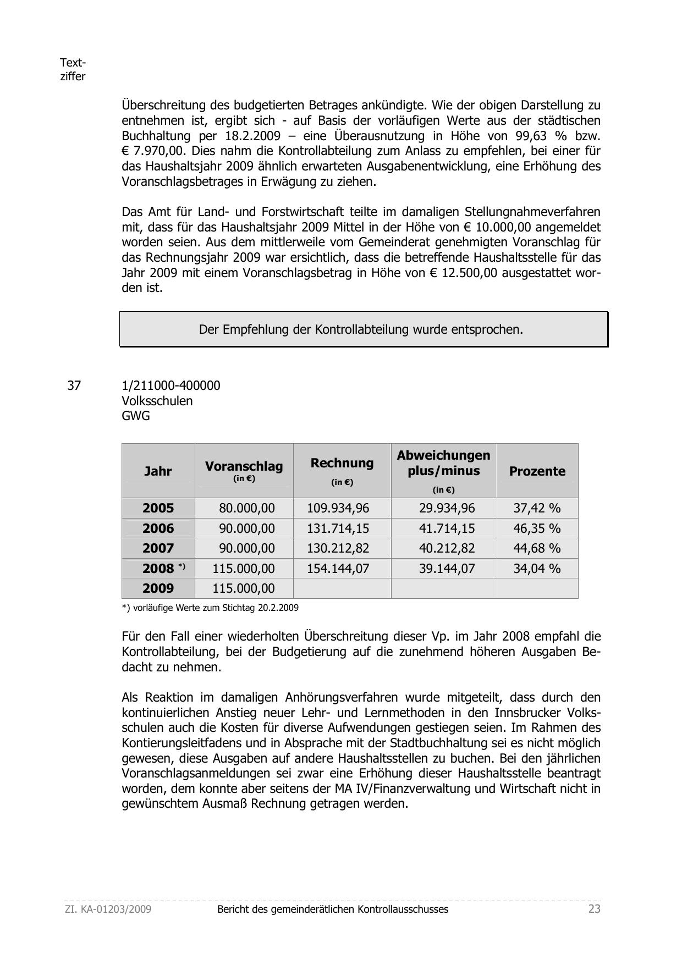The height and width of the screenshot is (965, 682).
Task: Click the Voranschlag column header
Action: point(244,467)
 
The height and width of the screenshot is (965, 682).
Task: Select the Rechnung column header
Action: point(342,464)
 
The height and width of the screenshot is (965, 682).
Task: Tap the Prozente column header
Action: point(537,471)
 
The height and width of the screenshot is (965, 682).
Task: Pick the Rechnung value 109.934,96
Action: point(338,508)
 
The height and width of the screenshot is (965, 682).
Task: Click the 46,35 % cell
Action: point(537,528)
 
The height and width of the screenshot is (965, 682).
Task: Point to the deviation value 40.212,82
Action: point(447,548)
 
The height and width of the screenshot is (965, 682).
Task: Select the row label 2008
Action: point(158,569)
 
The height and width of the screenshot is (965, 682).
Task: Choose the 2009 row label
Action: point(158,588)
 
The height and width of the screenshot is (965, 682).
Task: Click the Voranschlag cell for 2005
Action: point(246,508)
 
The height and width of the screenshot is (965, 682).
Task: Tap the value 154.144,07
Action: point(338,569)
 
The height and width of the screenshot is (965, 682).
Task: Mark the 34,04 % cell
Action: point(537,569)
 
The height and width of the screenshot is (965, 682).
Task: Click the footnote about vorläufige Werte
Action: point(210,608)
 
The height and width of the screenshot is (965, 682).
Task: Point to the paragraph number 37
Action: point(74,385)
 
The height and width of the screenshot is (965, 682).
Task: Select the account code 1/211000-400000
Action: point(170,385)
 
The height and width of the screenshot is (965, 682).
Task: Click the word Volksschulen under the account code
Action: point(157,401)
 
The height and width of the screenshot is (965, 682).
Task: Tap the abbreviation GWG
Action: point(136,416)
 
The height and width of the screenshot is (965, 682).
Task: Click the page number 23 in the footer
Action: point(594,909)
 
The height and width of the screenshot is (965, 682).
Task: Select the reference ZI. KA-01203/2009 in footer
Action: point(108,909)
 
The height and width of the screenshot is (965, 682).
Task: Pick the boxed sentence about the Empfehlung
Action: point(361,329)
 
